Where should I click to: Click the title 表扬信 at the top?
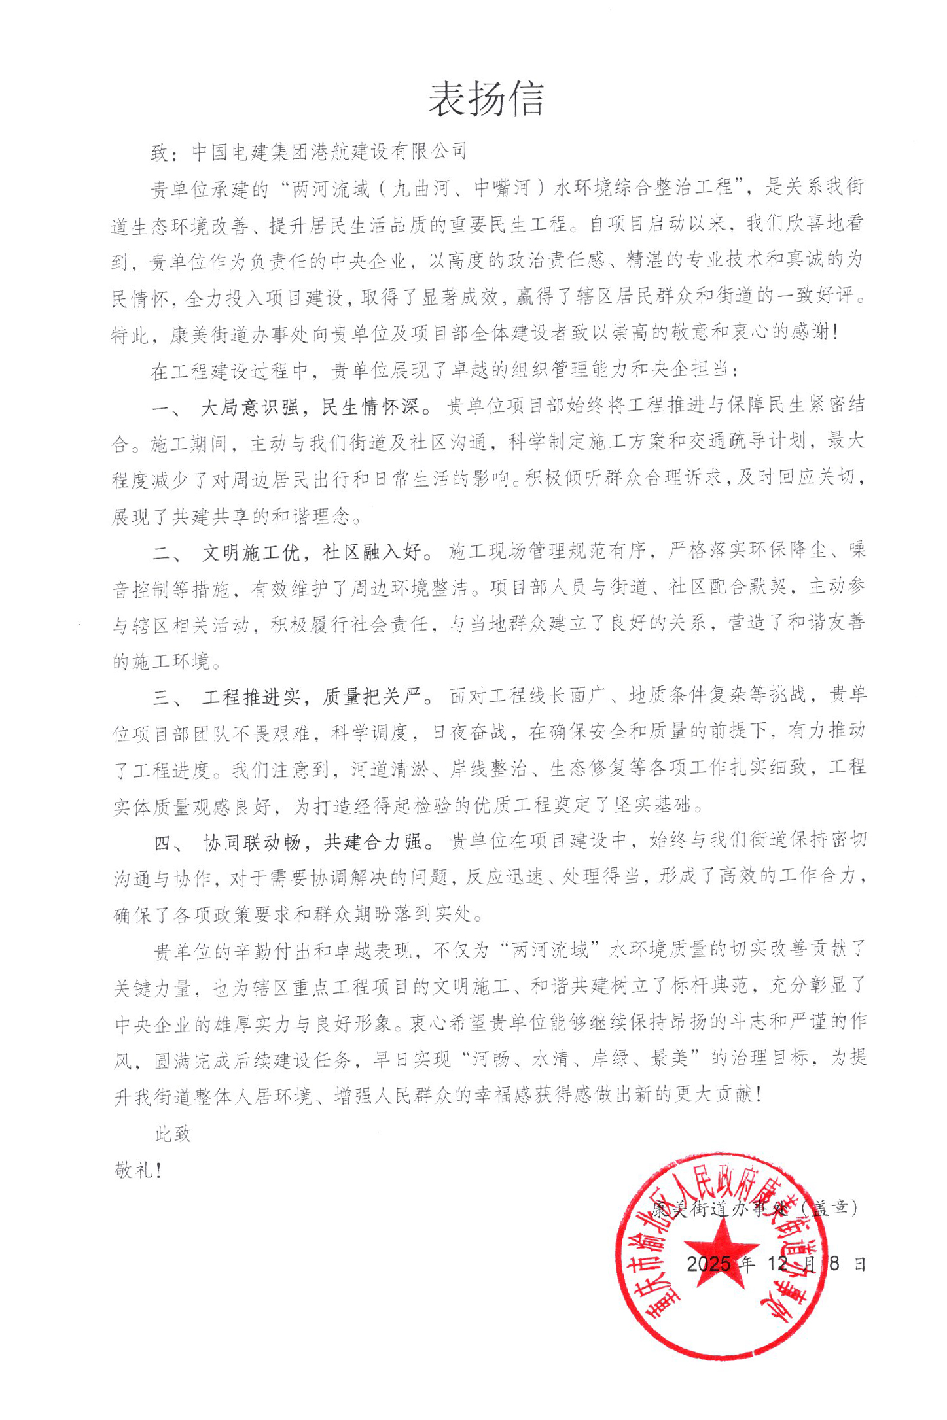[486, 100]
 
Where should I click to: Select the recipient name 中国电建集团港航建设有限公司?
[329, 152]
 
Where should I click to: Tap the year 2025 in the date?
[708, 1263]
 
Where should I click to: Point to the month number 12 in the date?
[777, 1263]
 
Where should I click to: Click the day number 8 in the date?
[834, 1263]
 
